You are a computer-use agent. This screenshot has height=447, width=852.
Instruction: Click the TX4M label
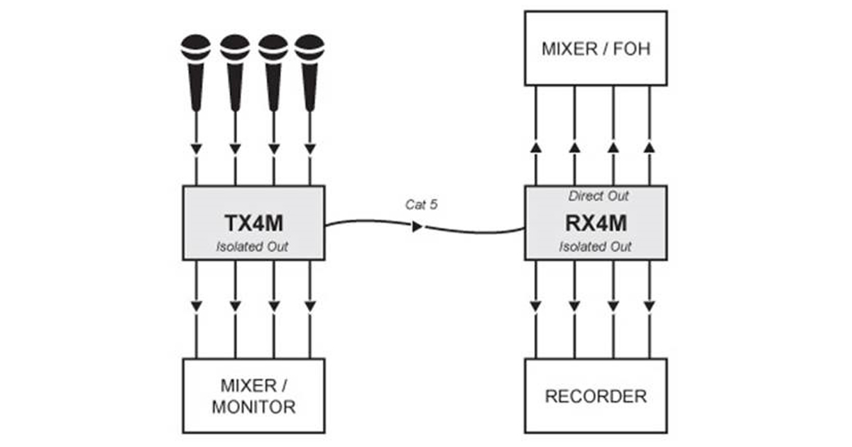coord(253,223)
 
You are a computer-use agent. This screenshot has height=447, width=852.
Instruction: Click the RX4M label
coord(596,223)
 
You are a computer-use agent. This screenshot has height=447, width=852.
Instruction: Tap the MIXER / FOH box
coord(596,48)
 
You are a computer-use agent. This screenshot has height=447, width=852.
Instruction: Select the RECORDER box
coord(596,396)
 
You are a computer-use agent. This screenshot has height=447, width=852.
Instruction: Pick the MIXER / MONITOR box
coord(253,396)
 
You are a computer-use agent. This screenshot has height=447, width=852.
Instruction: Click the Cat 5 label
coord(422,205)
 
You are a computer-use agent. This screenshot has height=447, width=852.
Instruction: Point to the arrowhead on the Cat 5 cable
coord(417,226)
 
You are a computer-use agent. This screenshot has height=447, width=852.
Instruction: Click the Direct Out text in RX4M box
coord(599,196)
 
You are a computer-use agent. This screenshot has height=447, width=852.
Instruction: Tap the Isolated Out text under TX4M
coord(252,247)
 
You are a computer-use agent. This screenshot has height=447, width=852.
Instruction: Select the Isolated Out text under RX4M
coord(595,247)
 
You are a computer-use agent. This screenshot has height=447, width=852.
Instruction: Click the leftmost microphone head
coord(196,48)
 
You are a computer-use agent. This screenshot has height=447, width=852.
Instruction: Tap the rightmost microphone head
coord(310,48)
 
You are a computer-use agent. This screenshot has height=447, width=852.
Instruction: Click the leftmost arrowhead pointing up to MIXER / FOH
coord(536,148)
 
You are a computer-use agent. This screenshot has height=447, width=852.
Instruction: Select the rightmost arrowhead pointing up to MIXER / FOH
coord(649,148)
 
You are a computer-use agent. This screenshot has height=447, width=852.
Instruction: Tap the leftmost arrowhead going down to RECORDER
coord(536,306)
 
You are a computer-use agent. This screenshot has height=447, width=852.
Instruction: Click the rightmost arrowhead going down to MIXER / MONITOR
coord(310,306)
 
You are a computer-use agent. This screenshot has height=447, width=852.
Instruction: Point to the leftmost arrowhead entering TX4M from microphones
coord(196,149)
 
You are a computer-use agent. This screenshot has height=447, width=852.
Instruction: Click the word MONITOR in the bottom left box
coord(253,407)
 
